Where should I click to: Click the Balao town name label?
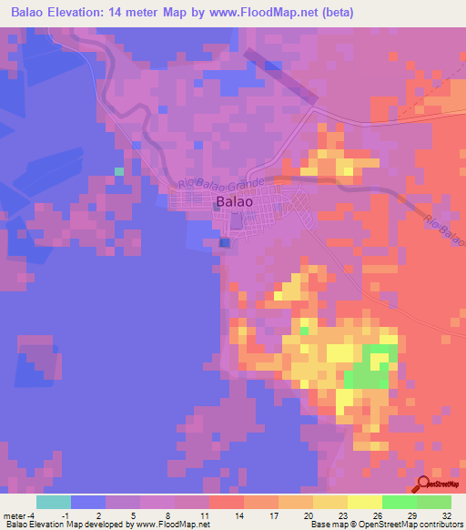(x=235, y=202)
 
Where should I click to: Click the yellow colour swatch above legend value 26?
(x=364, y=502)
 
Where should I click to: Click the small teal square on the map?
(x=118, y=170)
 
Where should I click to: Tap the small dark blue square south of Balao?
(x=224, y=242)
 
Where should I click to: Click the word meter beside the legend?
(x=13, y=515)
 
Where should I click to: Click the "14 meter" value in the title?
(x=148, y=13)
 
